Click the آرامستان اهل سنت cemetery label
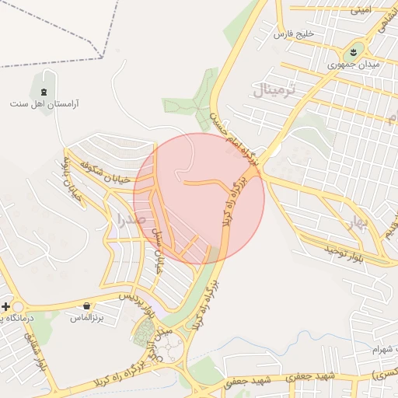click(x=44, y=103)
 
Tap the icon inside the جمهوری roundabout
click(x=354, y=52)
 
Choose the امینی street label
click(x=361, y=10)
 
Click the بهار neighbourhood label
click(x=358, y=225)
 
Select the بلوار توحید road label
click(x=343, y=250)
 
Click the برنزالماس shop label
click(x=86, y=317)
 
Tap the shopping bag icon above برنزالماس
click(x=86, y=305)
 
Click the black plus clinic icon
click(x=6, y=306)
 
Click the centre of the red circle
click(x=201, y=198)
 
